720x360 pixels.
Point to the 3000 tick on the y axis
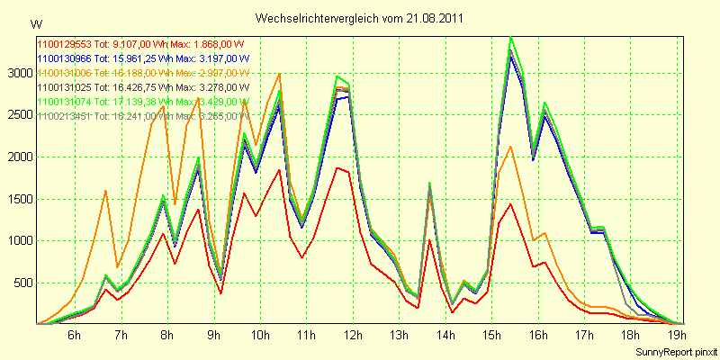[x=17, y=73]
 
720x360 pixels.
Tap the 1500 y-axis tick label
[x=17, y=199]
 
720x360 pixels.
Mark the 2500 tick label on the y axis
[x=17, y=114]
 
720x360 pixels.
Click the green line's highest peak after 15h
[x=511, y=37]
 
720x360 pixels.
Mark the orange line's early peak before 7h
[x=106, y=191]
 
